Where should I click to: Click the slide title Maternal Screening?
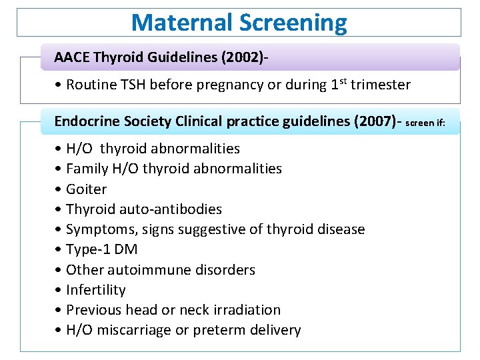pos(239,23)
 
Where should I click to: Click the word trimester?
pos(381,85)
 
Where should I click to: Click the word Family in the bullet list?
pos(87,169)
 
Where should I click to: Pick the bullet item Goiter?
pos(86,189)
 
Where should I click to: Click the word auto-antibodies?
pos(171,209)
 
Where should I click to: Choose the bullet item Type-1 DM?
pos(101,249)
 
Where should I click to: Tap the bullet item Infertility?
pos(95,290)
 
